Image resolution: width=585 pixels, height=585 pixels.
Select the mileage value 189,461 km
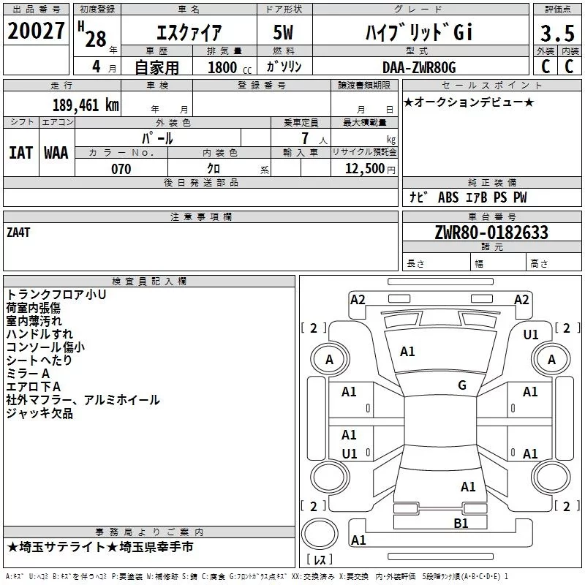[86, 105]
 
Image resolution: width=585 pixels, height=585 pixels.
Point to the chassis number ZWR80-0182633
[491, 233]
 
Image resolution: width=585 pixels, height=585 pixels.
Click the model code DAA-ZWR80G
[419, 67]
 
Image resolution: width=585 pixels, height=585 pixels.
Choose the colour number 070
[121, 169]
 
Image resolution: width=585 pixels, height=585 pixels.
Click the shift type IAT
[20, 152]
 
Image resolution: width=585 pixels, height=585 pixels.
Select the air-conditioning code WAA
[56, 152]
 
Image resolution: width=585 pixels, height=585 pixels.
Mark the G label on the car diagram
[462, 385]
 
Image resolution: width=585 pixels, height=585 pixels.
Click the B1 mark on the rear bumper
[461, 523]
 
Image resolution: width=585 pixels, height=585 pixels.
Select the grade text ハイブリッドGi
[419, 33]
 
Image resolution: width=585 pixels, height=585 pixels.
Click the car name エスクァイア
[189, 33]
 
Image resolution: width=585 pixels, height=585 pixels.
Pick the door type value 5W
[284, 33]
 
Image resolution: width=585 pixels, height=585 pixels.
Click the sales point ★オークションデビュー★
[469, 102]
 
